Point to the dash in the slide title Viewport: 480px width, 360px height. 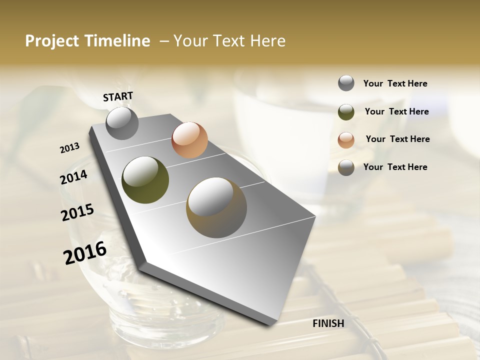(x=164, y=41)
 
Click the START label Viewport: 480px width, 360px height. (x=118, y=96)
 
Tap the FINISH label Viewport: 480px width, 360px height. (x=328, y=323)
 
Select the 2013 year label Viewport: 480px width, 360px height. (x=69, y=148)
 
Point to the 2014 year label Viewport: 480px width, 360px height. (x=73, y=177)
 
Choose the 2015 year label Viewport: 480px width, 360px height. (x=77, y=212)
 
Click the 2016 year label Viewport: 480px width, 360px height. (x=84, y=252)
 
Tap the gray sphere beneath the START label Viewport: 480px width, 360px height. (x=122, y=123)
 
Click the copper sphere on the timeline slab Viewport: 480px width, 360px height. (x=189, y=140)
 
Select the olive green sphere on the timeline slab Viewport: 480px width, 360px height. (x=145, y=180)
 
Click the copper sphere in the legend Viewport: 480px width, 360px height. (x=346, y=140)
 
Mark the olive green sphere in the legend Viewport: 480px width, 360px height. (x=346, y=112)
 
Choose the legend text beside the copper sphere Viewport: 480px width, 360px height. (x=397, y=139)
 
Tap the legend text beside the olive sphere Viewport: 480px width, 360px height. (x=396, y=111)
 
